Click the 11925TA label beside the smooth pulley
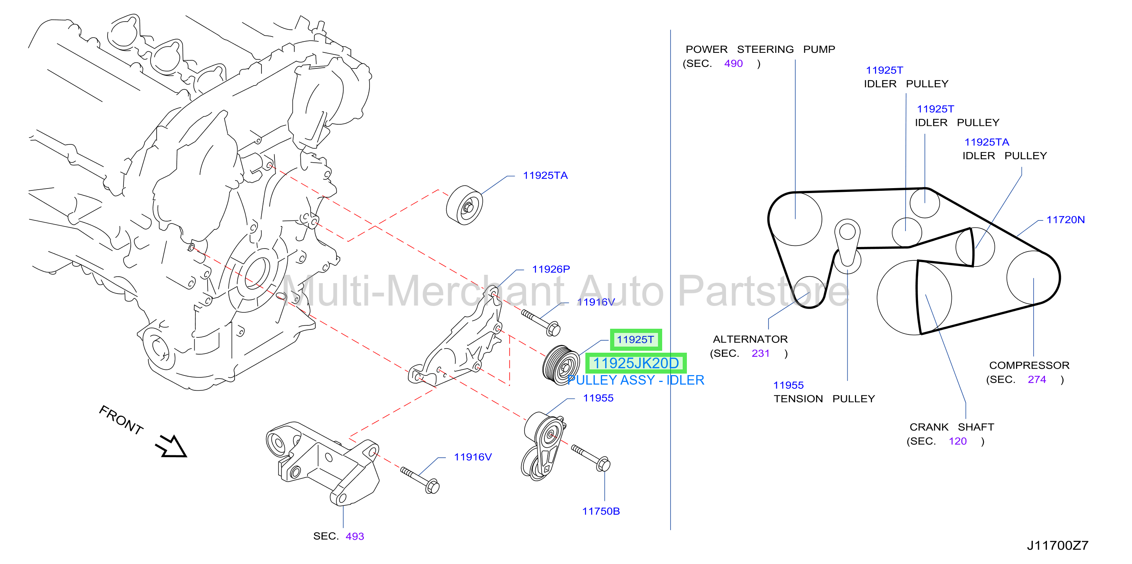click(545, 176)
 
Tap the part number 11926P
click(551, 269)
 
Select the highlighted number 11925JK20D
click(636, 363)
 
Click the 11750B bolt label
click(601, 511)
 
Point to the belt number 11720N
click(1065, 220)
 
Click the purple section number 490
click(733, 64)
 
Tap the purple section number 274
click(1037, 380)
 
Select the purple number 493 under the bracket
click(355, 536)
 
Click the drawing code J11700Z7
click(1057, 545)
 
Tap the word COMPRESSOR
click(1029, 366)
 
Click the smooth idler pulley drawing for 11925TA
click(465, 205)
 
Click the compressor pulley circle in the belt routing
click(1033, 277)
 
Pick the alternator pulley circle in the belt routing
click(809, 292)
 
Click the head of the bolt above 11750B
click(603, 464)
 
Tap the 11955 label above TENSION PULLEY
click(788, 385)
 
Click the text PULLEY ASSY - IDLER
click(636, 380)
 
